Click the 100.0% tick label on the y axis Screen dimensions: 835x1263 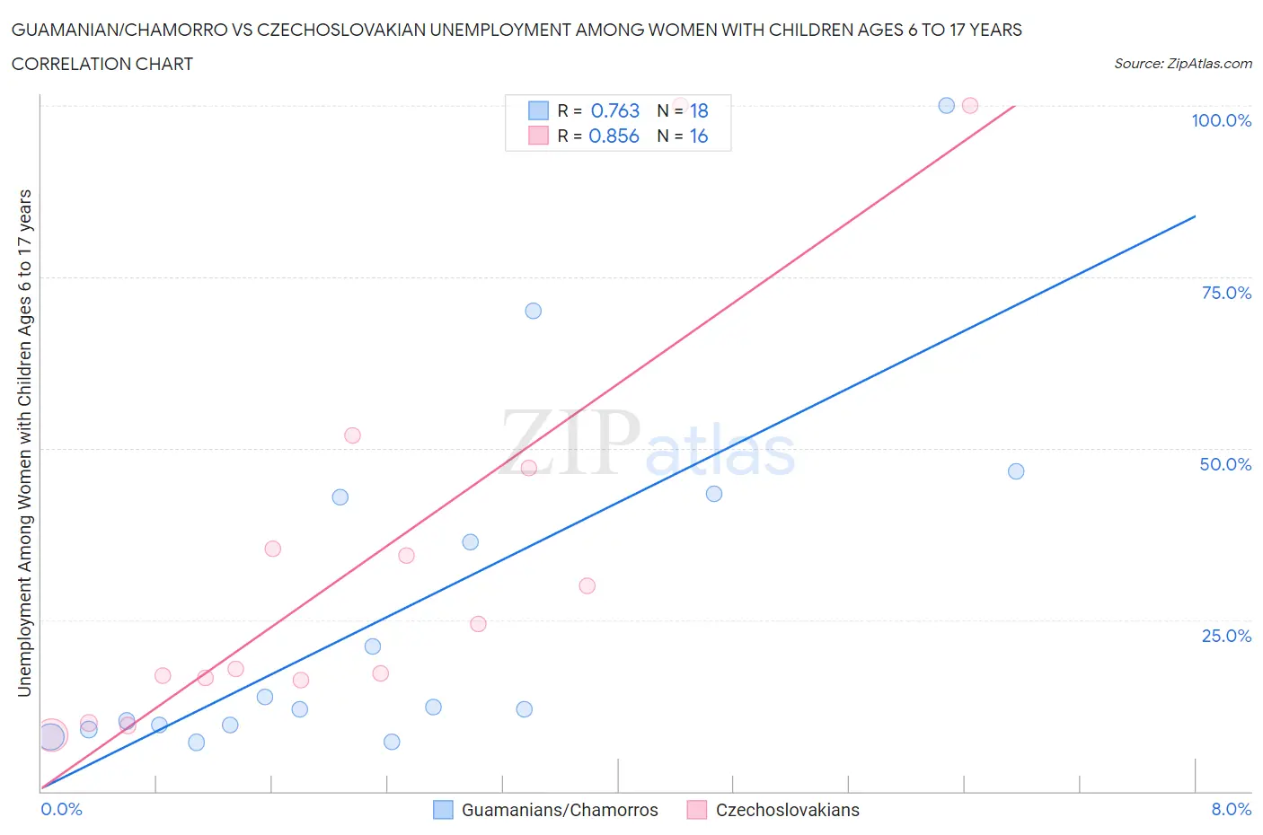(1221, 120)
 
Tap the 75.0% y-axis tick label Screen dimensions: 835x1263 (1226, 293)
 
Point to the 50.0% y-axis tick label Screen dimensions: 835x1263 (1225, 464)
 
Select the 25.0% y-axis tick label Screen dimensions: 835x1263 (1226, 636)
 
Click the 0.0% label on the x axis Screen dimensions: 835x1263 (61, 809)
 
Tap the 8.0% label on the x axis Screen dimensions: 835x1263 (1231, 809)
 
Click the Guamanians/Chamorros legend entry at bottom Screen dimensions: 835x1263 (559, 810)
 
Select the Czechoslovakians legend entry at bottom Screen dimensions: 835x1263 (787, 810)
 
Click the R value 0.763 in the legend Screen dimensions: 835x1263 (615, 110)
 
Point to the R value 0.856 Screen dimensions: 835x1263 (614, 136)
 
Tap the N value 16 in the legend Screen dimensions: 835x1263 (699, 136)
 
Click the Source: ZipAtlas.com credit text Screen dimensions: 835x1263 (1182, 63)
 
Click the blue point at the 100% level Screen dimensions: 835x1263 (946, 106)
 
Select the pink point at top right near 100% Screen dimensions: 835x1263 (970, 106)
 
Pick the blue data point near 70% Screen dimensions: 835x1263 (533, 311)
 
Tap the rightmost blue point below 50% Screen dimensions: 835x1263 (1016, 471)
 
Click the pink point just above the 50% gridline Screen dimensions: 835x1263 (352, 435)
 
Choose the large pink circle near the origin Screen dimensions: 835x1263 (52, 735)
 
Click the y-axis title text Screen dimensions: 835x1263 (25, 443)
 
